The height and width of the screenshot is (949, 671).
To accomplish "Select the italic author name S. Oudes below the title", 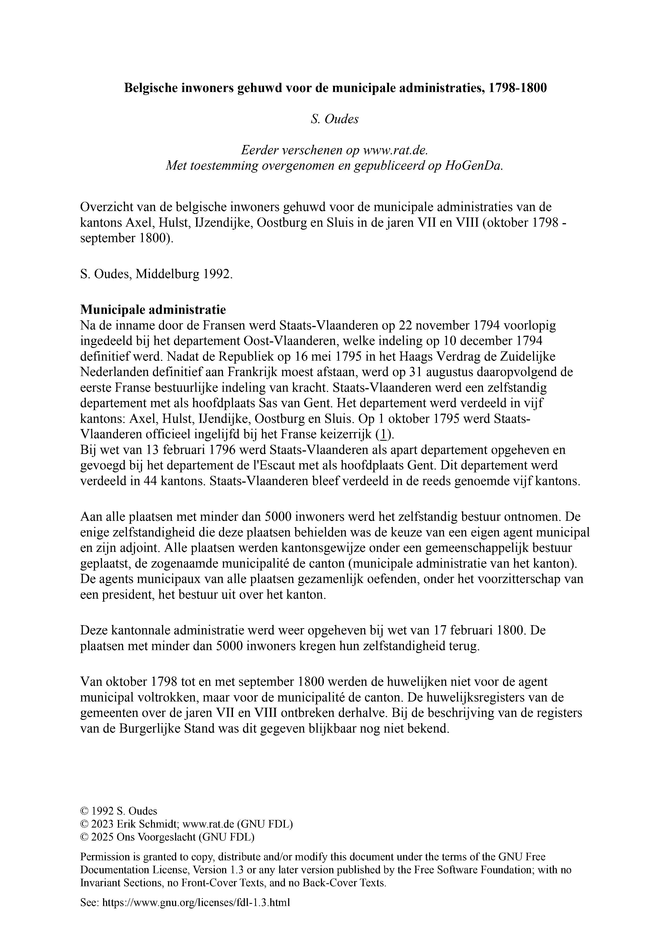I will pos(335,119).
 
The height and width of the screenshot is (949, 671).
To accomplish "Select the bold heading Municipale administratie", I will pos(153,309).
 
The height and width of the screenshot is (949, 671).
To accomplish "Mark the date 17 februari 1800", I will pos(480,630).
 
